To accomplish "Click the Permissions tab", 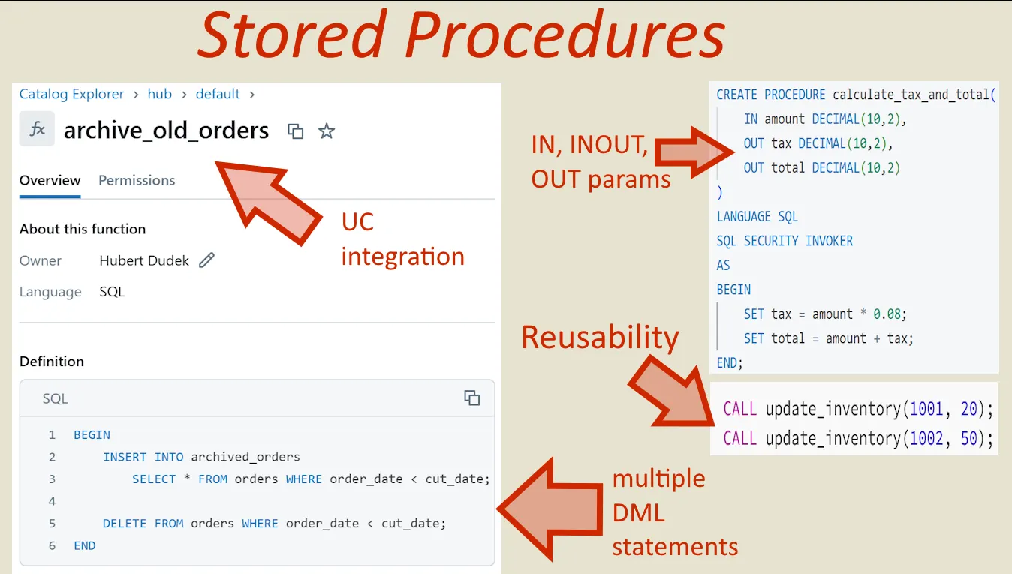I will tap(137, 180).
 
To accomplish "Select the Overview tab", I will tap(50, 180).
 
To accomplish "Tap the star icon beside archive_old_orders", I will tap(327, 131).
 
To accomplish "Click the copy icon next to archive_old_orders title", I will tap(296, 131).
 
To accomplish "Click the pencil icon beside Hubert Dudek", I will tap(206, 260).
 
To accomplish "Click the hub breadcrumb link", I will tap(160, 94).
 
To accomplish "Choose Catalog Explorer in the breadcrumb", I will tap(71, 94).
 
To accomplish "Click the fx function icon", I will tap(37, 129).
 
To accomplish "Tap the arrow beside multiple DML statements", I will tap(552, 510).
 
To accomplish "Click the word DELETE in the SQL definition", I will tap(125, 524).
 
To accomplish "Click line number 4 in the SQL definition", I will tap(52, 501).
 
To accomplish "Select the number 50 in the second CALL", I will tap(969, 438).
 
